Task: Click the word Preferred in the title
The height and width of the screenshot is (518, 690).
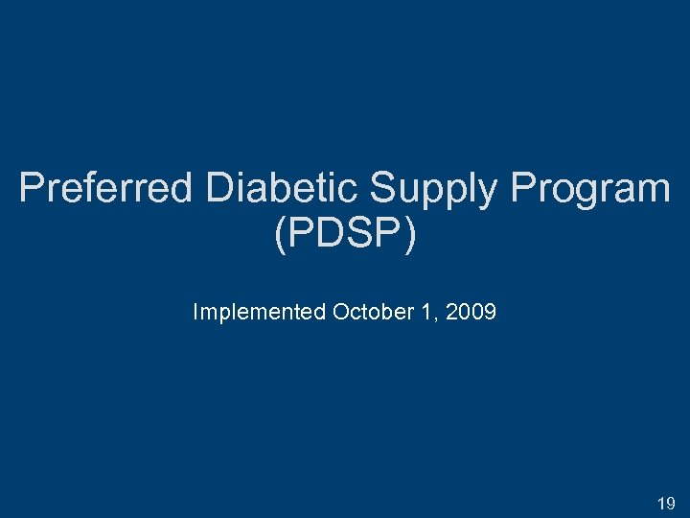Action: [x=105, y=188]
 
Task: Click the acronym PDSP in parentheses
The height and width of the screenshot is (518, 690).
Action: [x=344, y=234]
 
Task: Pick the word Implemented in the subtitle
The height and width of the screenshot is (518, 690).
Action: [x=259, y=312]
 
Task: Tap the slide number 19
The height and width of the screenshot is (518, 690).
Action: [x=666, y=503]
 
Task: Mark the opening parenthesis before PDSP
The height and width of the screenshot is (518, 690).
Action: [x=280, y=235]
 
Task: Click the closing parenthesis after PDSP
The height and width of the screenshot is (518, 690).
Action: [x=410, y=235]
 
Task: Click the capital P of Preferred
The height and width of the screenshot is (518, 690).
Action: [x=31, y=188]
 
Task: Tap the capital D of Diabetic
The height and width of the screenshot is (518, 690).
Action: [x=218, y=188]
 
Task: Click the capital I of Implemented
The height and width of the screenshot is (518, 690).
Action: [x=195, y=312]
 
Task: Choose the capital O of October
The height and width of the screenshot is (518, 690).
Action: [x=340, y=312]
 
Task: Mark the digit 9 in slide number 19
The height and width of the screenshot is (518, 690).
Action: [x=671, y=503]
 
